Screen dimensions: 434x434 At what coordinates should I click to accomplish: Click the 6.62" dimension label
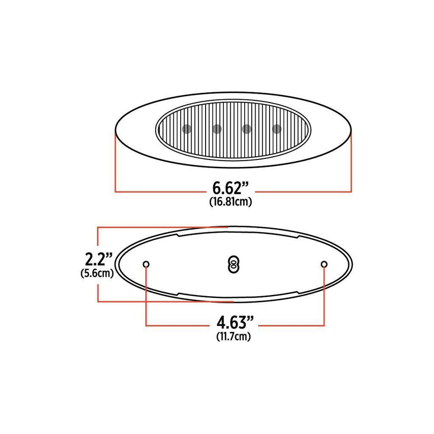click(x=230, y=189)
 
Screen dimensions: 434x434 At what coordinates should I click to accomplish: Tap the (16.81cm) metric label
click(x=230, y=202)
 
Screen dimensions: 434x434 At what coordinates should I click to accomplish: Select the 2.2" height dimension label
click(x=97, y=257)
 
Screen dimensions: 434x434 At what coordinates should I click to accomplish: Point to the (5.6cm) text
click(x=97, y=272)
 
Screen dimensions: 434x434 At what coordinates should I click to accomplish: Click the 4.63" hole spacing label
click(x=233, y=324)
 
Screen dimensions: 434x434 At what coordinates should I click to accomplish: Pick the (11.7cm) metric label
click(x=233, y=336)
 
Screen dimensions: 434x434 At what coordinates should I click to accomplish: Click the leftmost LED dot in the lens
click(x=186, y=129)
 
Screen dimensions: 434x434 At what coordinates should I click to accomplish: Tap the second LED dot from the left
click(x=216, y=129)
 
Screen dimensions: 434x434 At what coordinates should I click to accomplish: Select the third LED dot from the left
click(x=247, y=129)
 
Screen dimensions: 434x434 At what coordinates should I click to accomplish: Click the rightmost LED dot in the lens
click(x=277, y=129)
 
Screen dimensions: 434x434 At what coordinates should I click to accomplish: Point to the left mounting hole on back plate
click(x=146, y=264)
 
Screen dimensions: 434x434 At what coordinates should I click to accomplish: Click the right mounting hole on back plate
click(x=324, y=264)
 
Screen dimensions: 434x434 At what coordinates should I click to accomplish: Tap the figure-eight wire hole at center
click(x=233, y=264)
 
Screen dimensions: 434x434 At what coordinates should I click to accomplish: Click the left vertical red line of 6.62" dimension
click(x=115, y=163)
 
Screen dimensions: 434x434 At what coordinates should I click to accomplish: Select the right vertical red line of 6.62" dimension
click(x=352, y=163)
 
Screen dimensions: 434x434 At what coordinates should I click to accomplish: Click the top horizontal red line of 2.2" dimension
click(x=163, y=227)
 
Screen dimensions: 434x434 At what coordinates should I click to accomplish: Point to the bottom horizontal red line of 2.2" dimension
click(x=163, y=301)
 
